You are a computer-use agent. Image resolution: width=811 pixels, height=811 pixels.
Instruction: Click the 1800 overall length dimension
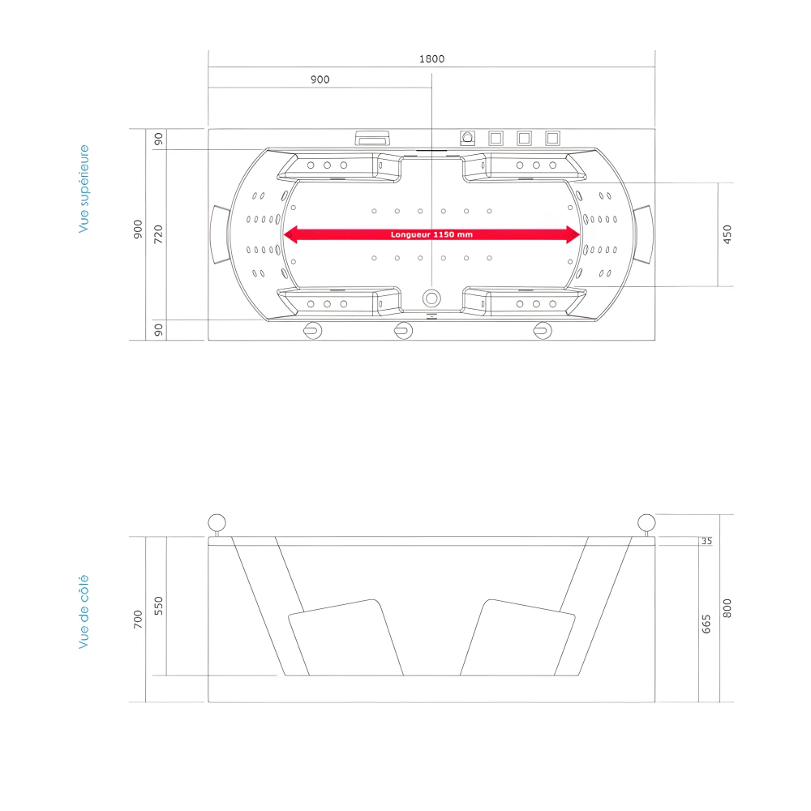click(x=431, y=58)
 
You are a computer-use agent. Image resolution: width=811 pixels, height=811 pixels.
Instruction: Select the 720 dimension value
click(x=159, y=234)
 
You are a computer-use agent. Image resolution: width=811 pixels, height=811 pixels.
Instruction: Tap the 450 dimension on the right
click(x=727, y=234)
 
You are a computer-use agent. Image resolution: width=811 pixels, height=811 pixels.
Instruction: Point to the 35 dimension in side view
click(x=706, y=541)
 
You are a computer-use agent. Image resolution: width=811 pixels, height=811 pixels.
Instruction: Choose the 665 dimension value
click(x=706, y=623)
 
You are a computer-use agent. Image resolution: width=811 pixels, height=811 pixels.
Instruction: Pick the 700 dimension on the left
click(x=139, y=620)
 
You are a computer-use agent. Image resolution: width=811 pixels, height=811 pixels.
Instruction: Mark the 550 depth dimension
click(x=159, y=607)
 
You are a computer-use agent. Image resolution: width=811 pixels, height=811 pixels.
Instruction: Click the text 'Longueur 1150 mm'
click(x=431, y=234)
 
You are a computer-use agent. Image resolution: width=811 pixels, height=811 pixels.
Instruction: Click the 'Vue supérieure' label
click(x=84, y=189)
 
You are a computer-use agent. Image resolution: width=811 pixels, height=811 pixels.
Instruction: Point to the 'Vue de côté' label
click(x=84, y=611)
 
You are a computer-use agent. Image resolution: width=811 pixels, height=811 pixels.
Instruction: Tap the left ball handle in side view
click(x=217, y=522)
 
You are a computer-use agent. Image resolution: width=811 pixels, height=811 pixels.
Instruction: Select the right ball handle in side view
click(x=646, y=522)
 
